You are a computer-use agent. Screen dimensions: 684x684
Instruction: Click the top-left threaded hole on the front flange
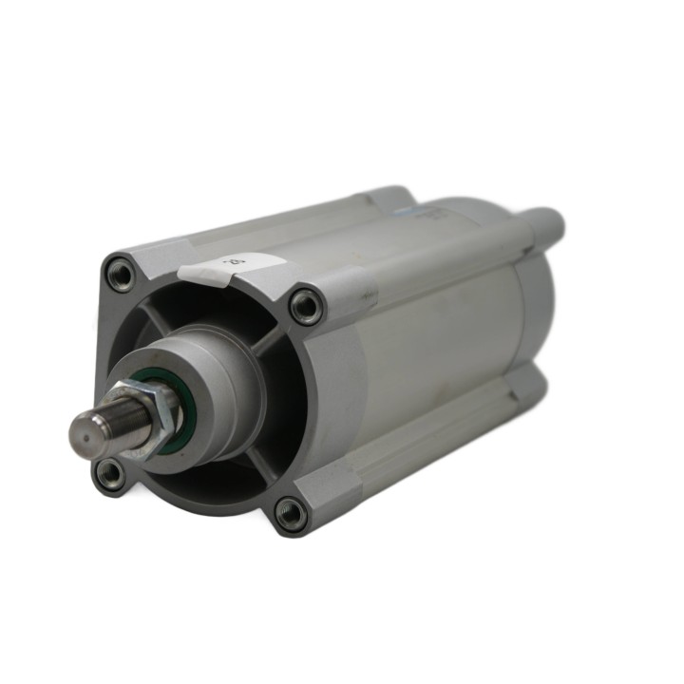(x=121, y=275)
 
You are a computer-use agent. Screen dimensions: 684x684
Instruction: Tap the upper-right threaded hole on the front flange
(x=306, y=306)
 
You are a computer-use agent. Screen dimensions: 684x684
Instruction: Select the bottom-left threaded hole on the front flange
(x=110, y=472)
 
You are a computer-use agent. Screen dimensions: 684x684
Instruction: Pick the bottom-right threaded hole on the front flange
(x=290, y=514)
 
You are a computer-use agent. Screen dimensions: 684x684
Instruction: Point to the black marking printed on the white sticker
(x=228, y=258)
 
